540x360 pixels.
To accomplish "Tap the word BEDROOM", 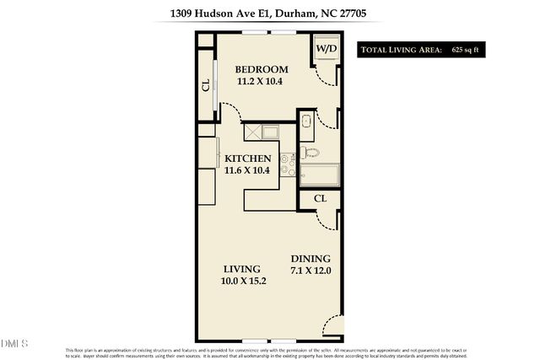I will (x=262, y=69).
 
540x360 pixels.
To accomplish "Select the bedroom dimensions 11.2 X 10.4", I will (x=262, y=82).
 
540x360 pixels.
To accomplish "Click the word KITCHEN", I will (x=247, y=159).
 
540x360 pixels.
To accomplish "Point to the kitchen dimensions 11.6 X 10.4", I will (x=247, y=171).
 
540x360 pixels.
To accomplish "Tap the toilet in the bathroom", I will (x=310, y=152).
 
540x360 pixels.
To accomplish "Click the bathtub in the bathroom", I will (x=319, y=176).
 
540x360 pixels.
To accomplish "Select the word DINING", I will (x=310, y=259).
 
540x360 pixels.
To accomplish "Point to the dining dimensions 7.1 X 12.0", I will (x=310, y=271).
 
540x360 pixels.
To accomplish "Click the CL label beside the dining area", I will (x=320, y=198).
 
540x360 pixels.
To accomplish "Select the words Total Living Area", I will (x=401, y=51).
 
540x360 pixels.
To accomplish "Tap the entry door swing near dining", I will (x=333, y=325).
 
